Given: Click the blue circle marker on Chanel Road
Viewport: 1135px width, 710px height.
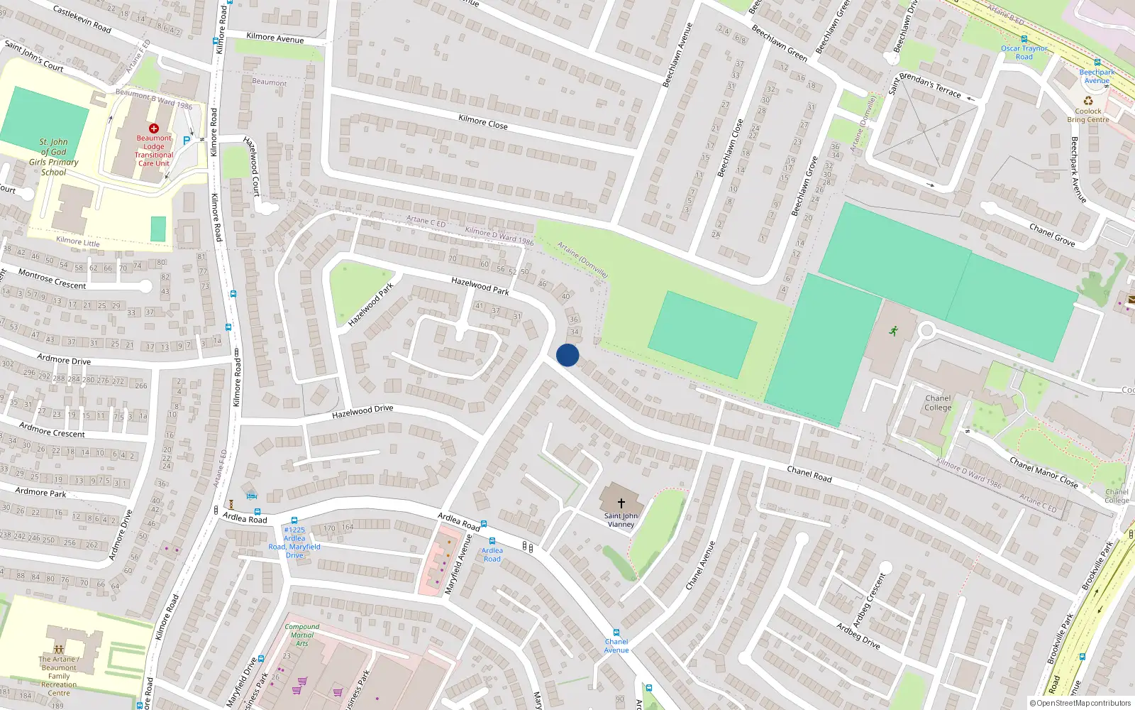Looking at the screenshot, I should pyautogui.click(x=567, y=355).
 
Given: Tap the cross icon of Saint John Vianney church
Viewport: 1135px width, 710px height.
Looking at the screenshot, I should pyautogui.click(x=621, y=503).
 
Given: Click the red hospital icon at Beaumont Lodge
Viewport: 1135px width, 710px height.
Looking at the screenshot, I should pyautogui.click(x=154, y=129).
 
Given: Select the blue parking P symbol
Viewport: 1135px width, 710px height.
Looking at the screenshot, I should pyautogui.click(x=187, y=141).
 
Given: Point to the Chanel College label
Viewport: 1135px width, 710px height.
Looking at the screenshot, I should pyautogui.click(x=938, y=403).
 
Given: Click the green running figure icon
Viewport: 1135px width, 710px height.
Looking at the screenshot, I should pyautogui.click(x=893, y=330).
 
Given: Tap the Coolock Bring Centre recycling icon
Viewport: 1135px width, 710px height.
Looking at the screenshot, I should pyautogui.click(x=1088, y=101).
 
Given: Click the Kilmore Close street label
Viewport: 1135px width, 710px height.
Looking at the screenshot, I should pyautogui.click(x=483, y=121).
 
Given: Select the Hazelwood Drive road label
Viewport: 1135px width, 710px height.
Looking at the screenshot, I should pyautogui.click(x=362, y=411).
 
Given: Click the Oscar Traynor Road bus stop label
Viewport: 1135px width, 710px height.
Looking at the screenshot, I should pyautogui.click(x=1024, y=53).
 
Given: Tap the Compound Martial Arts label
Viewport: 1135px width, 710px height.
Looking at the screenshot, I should pyautogui.click(x=302, y=635).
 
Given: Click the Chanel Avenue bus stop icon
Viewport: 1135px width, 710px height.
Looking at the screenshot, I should pyautogui.click(x=616, y=633).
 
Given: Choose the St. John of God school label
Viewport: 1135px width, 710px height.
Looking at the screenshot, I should pyautogui.click(x=54, y=157).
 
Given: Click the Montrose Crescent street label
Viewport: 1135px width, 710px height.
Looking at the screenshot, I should pyautogui.click(x=52, y=279).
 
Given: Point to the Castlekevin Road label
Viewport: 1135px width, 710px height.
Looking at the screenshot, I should pyautogui.click(x=82, y=19).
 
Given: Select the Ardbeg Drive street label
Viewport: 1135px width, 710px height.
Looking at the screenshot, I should pyautogui.click(x=858, y=635).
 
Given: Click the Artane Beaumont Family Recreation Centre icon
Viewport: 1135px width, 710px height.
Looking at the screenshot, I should pyautogui.click(x=59, y=649).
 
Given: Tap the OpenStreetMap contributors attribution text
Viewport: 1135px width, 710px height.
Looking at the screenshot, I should pyautogui.click(x=1080, y=703).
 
